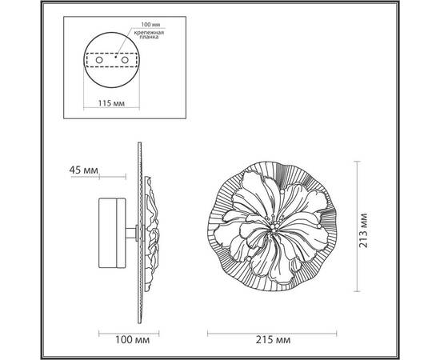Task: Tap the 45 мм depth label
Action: [x=82, y=170]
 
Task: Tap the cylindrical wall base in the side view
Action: [x=111, y=230]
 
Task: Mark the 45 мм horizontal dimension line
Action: [x=120, y=178]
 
